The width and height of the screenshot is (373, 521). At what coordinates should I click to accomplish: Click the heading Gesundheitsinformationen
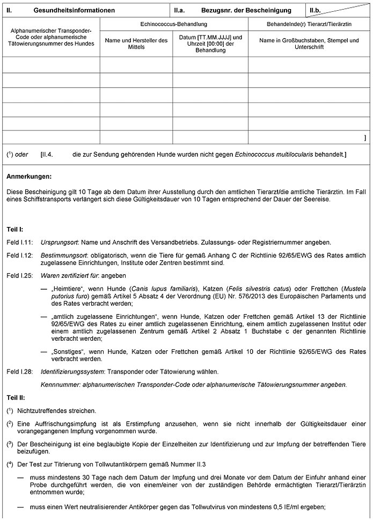tap(74, 10)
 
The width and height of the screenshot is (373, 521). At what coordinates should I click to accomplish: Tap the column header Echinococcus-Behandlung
tap(173, 25)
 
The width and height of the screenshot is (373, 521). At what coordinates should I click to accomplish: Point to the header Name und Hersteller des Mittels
tap(136, 44)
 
